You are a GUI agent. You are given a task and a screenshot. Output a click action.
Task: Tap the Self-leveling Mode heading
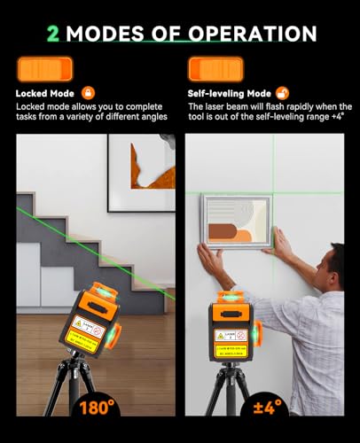(230, 91)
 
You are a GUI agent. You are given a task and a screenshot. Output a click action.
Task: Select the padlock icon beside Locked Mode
(87, 91)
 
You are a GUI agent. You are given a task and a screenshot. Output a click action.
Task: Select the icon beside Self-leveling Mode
(283, 91)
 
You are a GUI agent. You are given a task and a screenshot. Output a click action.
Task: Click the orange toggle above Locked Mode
(44, 68)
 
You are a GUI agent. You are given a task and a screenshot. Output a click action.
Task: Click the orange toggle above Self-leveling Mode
(215, 68)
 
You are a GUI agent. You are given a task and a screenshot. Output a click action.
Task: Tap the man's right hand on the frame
(209, 262)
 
